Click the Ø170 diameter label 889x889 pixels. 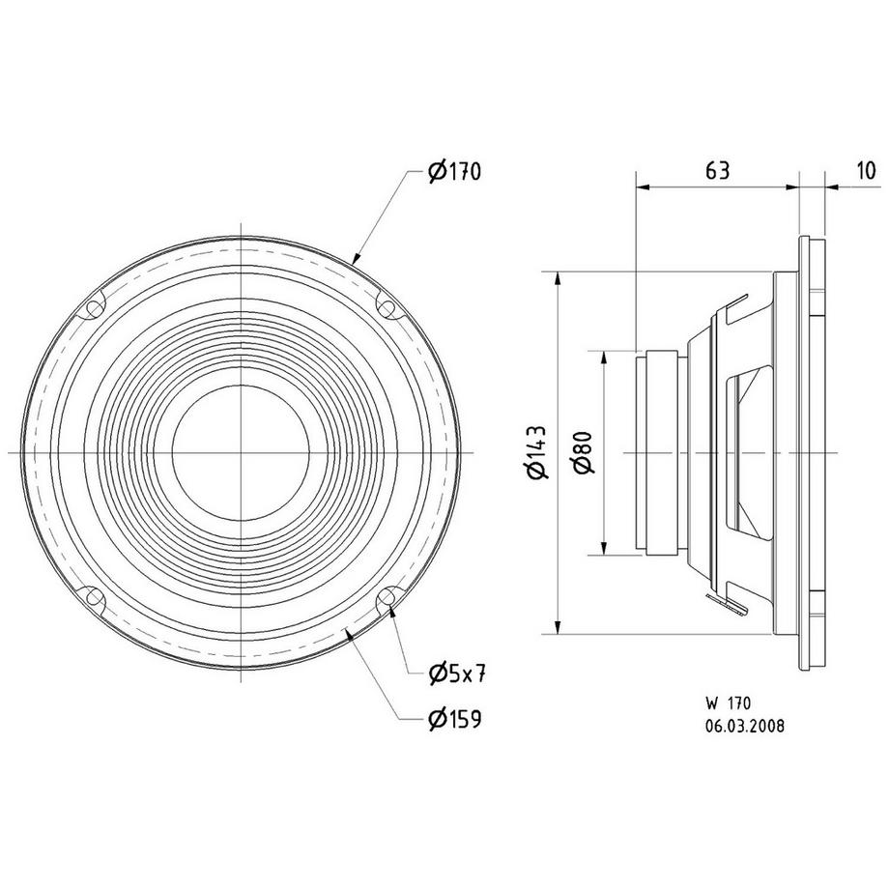click(454, 172)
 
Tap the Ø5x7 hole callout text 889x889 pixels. click(454, 671)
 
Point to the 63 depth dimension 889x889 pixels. click(716, 171)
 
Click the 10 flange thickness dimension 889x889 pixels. click(866, 171)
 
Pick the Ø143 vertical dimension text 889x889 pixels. click(538, 452)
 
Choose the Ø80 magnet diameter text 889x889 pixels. click(582, 452)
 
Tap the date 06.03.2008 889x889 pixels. click(744, 725)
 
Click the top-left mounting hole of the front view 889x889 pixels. click(93, 308)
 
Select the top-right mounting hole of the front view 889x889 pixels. click(387, 308)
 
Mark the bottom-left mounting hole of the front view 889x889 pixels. click(93, 598)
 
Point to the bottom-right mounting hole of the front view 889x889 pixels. click(387, 598)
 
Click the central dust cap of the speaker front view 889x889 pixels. click(240, 452)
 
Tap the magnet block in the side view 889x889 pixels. click(662, 452)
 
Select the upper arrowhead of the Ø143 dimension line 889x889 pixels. click(558, 280)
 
